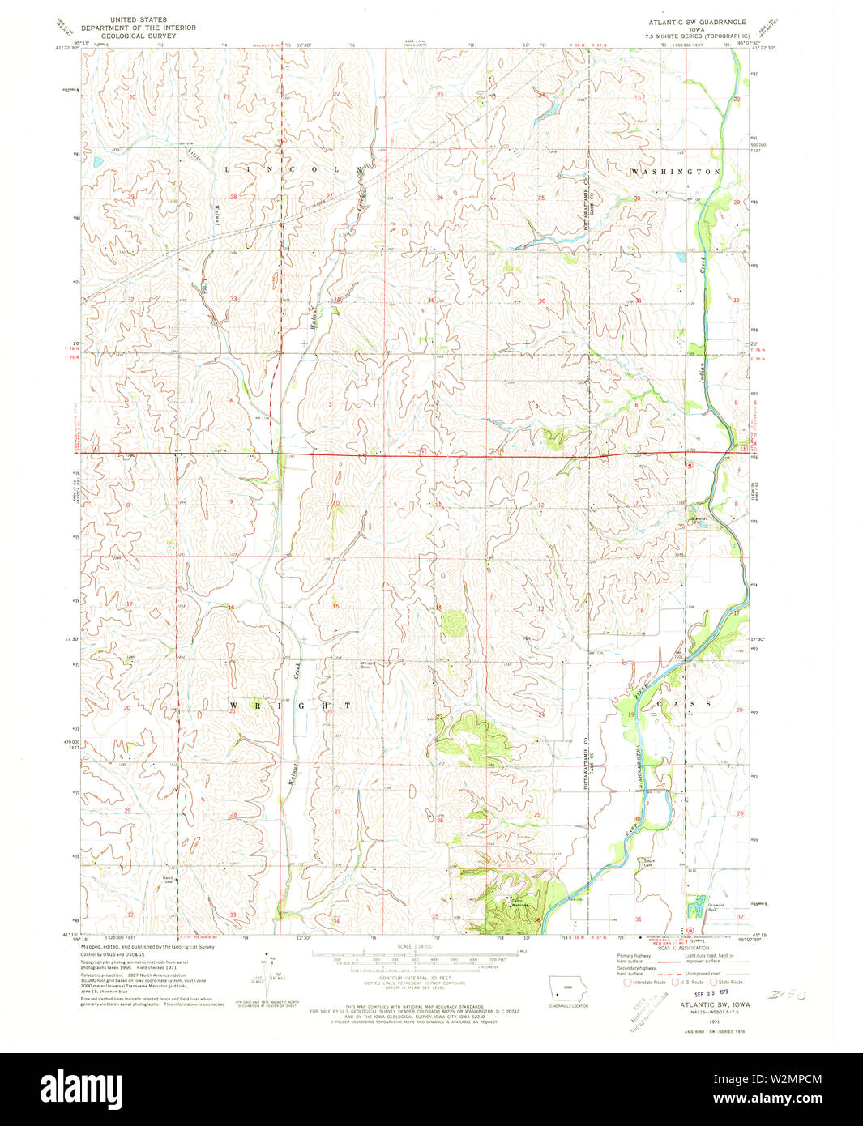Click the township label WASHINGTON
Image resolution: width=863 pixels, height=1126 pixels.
pos(676,173)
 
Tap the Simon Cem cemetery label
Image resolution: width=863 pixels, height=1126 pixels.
pos(647,863)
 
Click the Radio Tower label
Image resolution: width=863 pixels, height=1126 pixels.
pos(168,879)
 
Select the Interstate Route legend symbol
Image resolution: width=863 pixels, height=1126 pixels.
pos(626,982)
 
